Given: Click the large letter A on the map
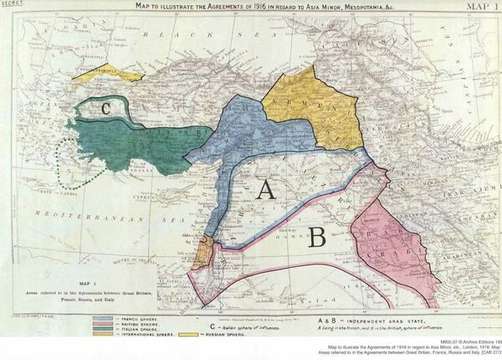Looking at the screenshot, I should click(x=266, y=191).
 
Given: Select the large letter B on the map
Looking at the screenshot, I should click(x=316, y=239).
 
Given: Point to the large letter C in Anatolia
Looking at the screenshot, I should click(x=105, y=107).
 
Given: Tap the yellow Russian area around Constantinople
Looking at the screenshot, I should click(x=107, y=73).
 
